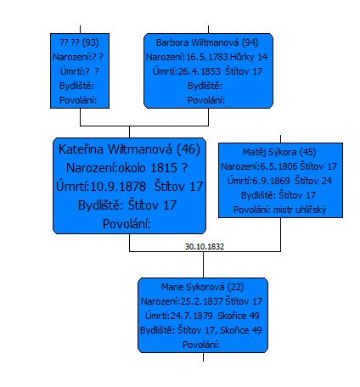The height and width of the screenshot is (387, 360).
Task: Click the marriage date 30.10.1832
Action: [205, 247]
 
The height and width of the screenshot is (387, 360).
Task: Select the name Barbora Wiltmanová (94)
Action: [207, 42]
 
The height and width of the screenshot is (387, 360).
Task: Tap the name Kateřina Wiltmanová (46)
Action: [129, 149]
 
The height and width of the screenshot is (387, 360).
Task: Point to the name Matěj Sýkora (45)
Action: [279, 152]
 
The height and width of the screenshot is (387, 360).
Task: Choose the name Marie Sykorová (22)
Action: [203, 287]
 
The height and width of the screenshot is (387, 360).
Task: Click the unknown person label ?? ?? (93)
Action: [79, 42]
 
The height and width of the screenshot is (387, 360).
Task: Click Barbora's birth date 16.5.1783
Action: [207, 57]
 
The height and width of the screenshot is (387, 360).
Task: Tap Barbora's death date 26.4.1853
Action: [200, 71]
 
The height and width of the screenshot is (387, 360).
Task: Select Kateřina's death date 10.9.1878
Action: [118, 187]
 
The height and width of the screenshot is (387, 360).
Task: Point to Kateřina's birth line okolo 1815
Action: [153, 168]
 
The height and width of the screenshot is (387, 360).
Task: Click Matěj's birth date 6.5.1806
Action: [278, 166]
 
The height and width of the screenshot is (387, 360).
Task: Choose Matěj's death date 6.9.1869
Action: [271, 181]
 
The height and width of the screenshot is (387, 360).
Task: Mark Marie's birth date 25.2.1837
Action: [201, 301]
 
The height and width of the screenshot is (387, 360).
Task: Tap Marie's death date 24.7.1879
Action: [191, 316]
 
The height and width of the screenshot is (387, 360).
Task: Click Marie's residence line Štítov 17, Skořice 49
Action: [220, 330]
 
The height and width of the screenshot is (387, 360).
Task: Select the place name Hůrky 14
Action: [249, 57]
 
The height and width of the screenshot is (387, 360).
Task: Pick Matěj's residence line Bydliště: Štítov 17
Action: [278, 195]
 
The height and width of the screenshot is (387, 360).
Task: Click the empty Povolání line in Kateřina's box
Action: [127, 224]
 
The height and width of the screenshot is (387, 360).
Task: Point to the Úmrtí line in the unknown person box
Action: [80, 71]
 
